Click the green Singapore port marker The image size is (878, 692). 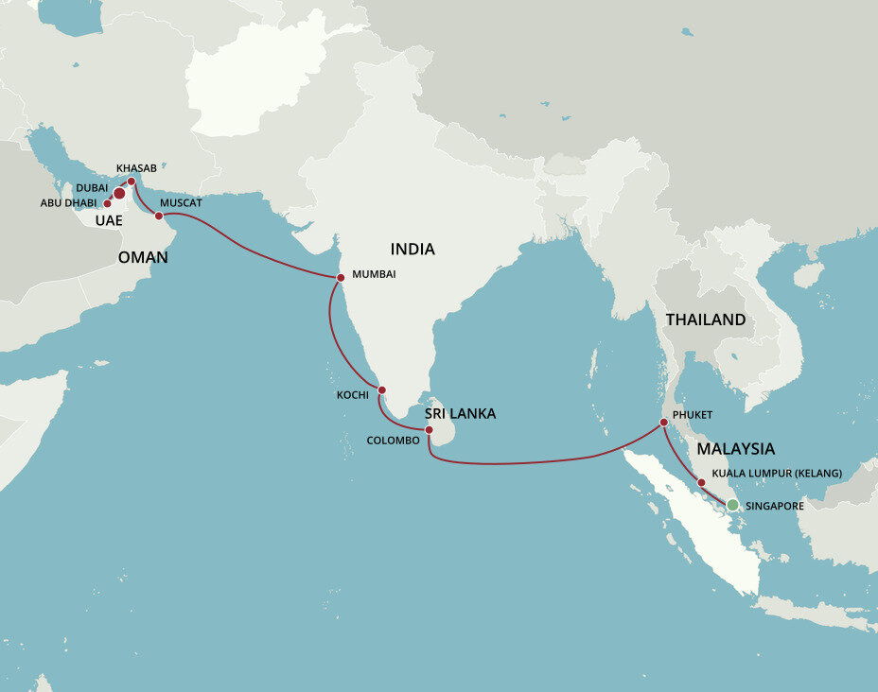point(732,505)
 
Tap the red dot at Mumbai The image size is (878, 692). point(341,277)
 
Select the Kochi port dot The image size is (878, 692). point(382,389)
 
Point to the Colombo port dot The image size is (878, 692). point(429,430)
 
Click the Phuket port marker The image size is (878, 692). point(663,423)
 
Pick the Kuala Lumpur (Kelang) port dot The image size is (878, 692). point(701,483)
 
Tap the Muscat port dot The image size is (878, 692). point(159,216)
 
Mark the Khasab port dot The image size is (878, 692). point(132,182)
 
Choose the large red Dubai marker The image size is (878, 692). point(119,193)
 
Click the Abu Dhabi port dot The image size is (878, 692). point(108,203)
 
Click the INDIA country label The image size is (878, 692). point(413,250)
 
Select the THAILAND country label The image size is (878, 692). point(706,320)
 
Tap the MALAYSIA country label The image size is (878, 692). point(735,449)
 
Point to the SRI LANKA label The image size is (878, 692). point(460,413)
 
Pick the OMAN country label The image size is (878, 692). point(143,257)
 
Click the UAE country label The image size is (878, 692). point(108,220)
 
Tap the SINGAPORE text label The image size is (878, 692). point(774,507)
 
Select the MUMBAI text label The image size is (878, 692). point(374,274)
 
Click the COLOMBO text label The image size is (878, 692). point(393,441)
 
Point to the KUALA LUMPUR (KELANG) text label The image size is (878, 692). point(776,472)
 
